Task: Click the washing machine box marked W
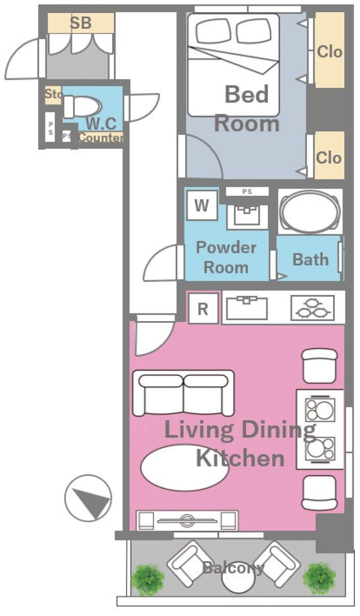(202, 205)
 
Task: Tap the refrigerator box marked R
(203, 308)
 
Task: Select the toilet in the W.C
(82, 107)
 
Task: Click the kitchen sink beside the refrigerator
(247, 308)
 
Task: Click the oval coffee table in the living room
(184, 467)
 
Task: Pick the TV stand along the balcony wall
(187, 520)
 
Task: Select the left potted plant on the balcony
(148, 580)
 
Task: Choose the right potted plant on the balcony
(319, 579)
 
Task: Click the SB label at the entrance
(81, 23)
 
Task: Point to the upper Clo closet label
(329, 52)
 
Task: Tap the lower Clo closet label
(328, 158)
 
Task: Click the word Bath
(310, 260)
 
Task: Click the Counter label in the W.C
(101, 137)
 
